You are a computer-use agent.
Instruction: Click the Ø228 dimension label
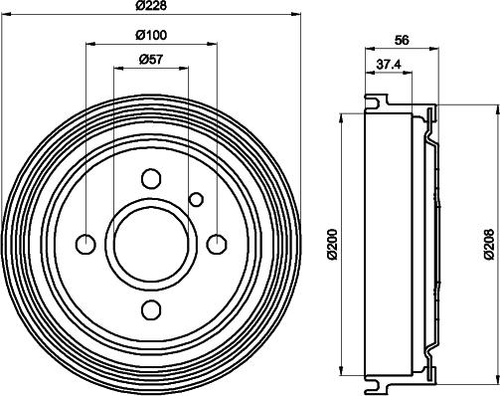[151, 6]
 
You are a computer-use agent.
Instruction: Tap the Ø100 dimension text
[151, 35]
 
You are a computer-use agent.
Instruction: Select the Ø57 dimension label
[151, 60]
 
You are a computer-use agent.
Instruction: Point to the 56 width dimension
[402, 40]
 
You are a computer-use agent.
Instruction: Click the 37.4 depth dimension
[389, 65]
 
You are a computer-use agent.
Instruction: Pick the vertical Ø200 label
[333, 244]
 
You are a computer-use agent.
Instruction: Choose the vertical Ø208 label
[489, 244]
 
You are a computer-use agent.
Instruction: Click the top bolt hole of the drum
[151, 179]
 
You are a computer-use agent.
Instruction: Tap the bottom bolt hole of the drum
[151, 309]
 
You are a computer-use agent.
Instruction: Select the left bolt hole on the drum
[85, 244]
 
